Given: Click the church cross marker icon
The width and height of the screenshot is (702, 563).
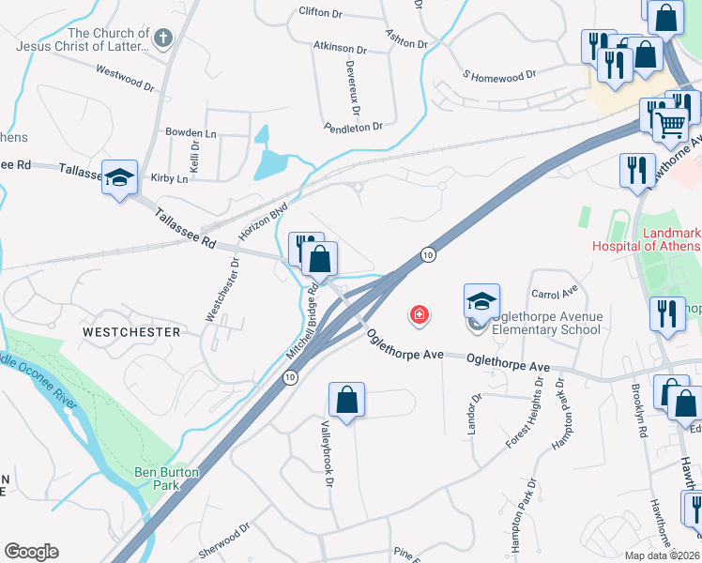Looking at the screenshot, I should click(163, 38).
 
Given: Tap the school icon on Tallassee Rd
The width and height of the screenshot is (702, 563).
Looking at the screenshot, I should click(119, 178).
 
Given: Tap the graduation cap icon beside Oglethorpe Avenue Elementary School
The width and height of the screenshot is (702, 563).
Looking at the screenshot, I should click(481, 302).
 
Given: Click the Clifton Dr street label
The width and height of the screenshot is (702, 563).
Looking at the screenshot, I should click(320, 12).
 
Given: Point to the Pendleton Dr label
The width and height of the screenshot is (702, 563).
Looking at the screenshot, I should click(353, 126).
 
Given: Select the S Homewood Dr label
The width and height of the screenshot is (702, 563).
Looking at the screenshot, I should click(498, 73).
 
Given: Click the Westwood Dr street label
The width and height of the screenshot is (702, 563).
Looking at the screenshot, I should click(125, 76).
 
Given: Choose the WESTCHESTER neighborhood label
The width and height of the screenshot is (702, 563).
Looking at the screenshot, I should click(130, 332).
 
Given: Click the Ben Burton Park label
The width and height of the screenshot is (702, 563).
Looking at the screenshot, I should click(169, 479).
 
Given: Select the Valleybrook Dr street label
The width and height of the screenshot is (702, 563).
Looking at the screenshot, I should click(328, 452).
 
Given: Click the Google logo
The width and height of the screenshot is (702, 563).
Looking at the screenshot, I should click(31, 551).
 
